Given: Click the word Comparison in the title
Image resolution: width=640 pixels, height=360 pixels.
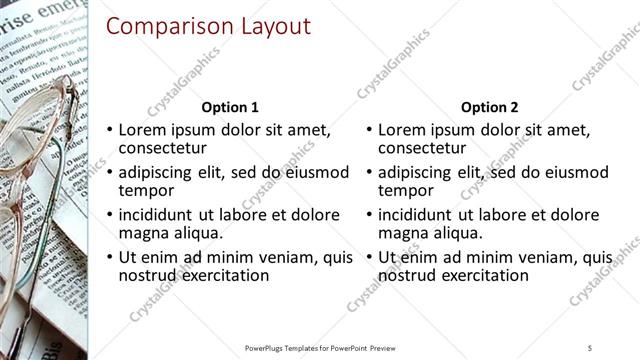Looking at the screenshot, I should [164, 26].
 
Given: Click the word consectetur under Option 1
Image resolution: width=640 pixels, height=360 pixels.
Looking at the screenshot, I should [163, 148].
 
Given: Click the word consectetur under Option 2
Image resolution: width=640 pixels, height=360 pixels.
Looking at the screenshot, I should [422, 148].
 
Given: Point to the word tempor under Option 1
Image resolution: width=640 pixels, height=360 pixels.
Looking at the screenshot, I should [147, 190].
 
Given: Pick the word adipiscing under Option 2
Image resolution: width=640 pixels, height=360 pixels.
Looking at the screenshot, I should [418, 172].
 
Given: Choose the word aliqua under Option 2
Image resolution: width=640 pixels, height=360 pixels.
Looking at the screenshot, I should [448, 233].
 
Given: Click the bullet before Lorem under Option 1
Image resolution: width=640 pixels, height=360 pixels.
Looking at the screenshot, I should [110, 130].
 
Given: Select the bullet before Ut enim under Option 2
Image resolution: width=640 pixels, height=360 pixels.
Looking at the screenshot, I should [369, 257].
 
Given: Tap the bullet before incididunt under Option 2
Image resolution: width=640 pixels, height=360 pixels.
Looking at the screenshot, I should [369, 215].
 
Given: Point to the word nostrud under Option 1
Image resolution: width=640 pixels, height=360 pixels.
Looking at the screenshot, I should [147, 275].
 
